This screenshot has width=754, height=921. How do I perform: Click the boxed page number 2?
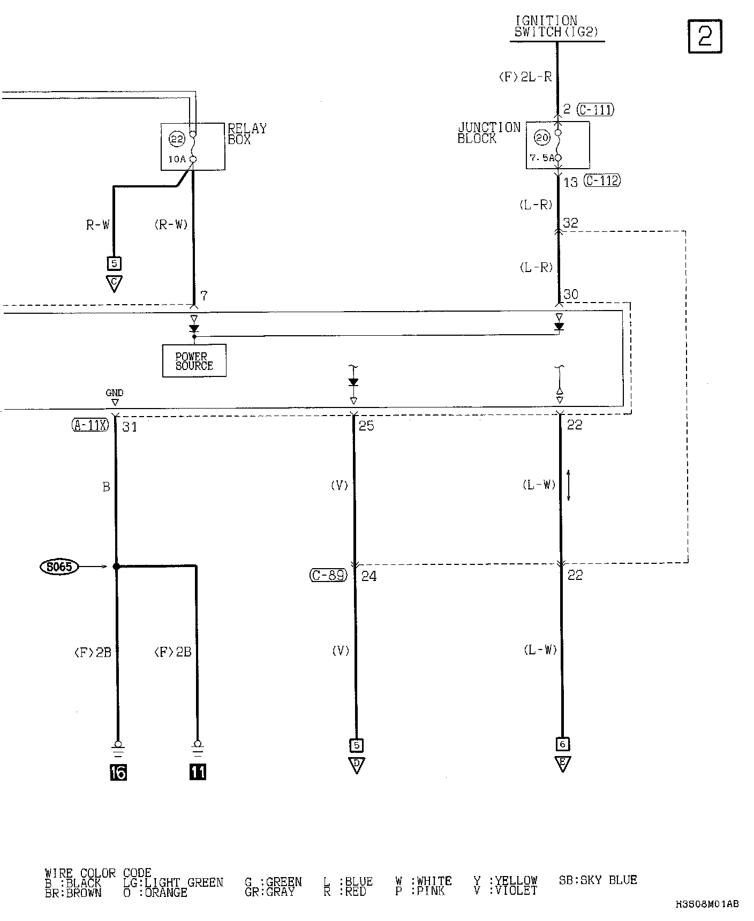click(x=705, y=36)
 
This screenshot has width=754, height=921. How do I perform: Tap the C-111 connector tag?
click(x=595, y=110)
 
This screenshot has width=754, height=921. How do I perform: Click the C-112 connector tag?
click(x=602, y=181)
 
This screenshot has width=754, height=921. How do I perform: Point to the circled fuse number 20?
click(x=542, y=138)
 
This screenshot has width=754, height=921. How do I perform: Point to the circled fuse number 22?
click(x=177, y=139)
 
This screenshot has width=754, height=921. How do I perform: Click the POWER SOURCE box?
click(x=194, y=361)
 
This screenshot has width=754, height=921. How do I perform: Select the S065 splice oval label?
click(x=59, y=567)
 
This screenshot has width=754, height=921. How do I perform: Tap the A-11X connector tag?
click(x=90, y=426)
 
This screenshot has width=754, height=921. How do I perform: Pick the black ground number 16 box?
click(x=118, y=772)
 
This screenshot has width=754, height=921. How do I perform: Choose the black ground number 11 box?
click(x=198, y=772)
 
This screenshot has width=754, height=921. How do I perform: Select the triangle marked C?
click(x=114, y=283)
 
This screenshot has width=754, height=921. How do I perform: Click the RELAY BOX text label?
click(x=246, y=134)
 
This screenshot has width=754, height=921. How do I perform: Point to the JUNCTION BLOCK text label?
click(x=488, y=133)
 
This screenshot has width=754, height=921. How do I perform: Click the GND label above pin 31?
click(x=114, y=393)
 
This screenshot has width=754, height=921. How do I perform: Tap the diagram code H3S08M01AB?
click(x=707, y=904)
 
